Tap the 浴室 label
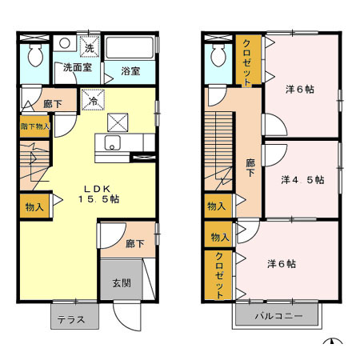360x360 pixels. tap(130, 71)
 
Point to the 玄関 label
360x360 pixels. tap(117, 282)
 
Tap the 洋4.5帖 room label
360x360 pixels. tap(302, 180)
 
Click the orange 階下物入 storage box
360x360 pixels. tap(35, 126)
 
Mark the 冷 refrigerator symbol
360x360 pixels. tap(94, 101)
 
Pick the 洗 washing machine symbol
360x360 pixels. tap(89, 47)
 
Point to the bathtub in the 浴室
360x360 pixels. tap(130, 50)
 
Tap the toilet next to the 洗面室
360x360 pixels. tap(34, 55)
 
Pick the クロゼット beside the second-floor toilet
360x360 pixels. tap(247, 61)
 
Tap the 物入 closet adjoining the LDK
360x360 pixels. tap(34, 206)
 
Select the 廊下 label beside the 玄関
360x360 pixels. tap(134, 243)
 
